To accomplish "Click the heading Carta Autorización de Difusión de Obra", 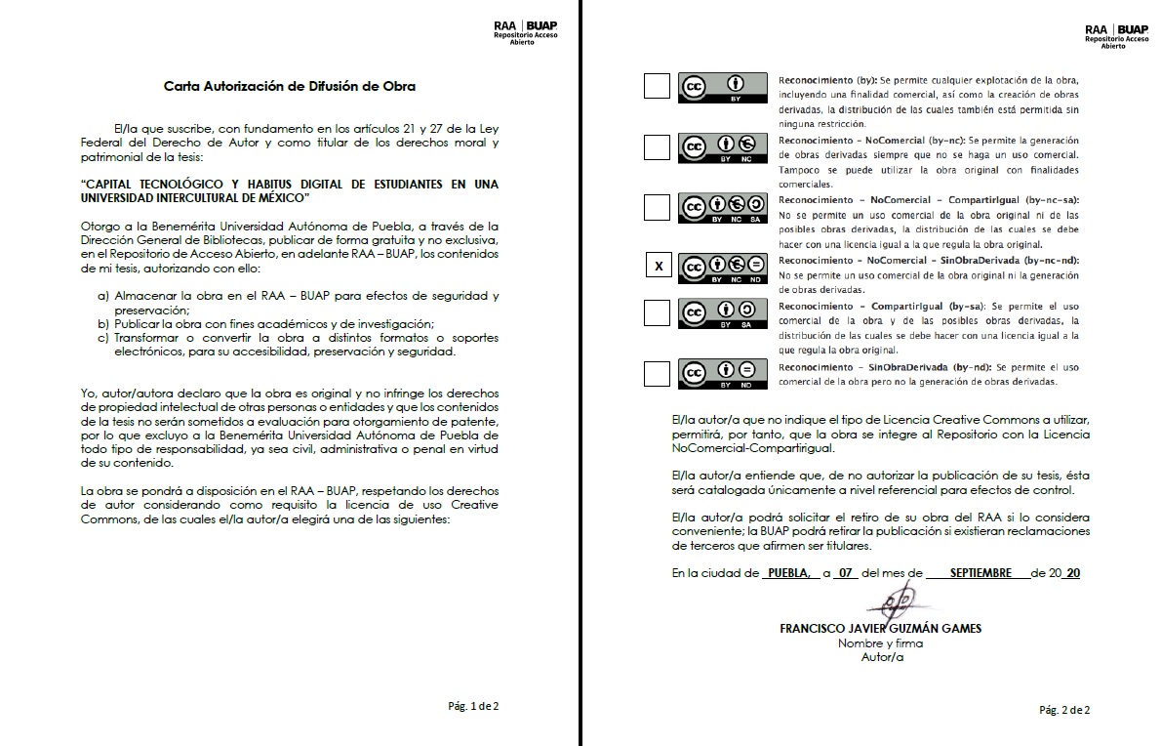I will [x=290, y=86].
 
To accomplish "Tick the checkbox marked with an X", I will [x=658, y=266].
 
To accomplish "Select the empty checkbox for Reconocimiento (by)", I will [x=658, y=87].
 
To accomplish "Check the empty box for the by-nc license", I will [x=658, y=147].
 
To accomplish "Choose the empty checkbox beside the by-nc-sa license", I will [x=658, y=207].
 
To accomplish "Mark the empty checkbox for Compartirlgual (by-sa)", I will [x=658, y=312].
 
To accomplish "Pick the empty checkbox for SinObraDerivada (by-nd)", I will [x=658, y=373].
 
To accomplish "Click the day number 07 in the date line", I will [x=845, y=573].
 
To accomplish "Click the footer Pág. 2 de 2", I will [x=1064, y=710].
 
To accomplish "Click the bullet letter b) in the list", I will [x=102, y=323].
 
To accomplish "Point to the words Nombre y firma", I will [x=880, y=643].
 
